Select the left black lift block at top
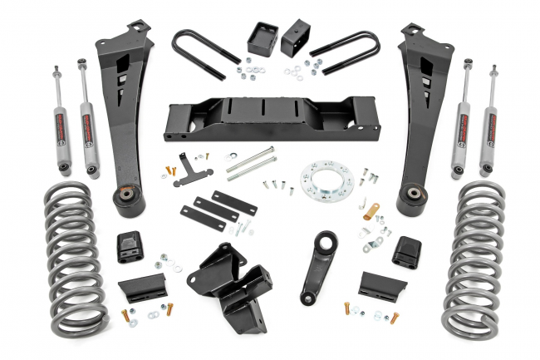(x=263, y=38)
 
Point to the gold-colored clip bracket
(x=371, y=211)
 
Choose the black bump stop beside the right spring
(x=406, y=250)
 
